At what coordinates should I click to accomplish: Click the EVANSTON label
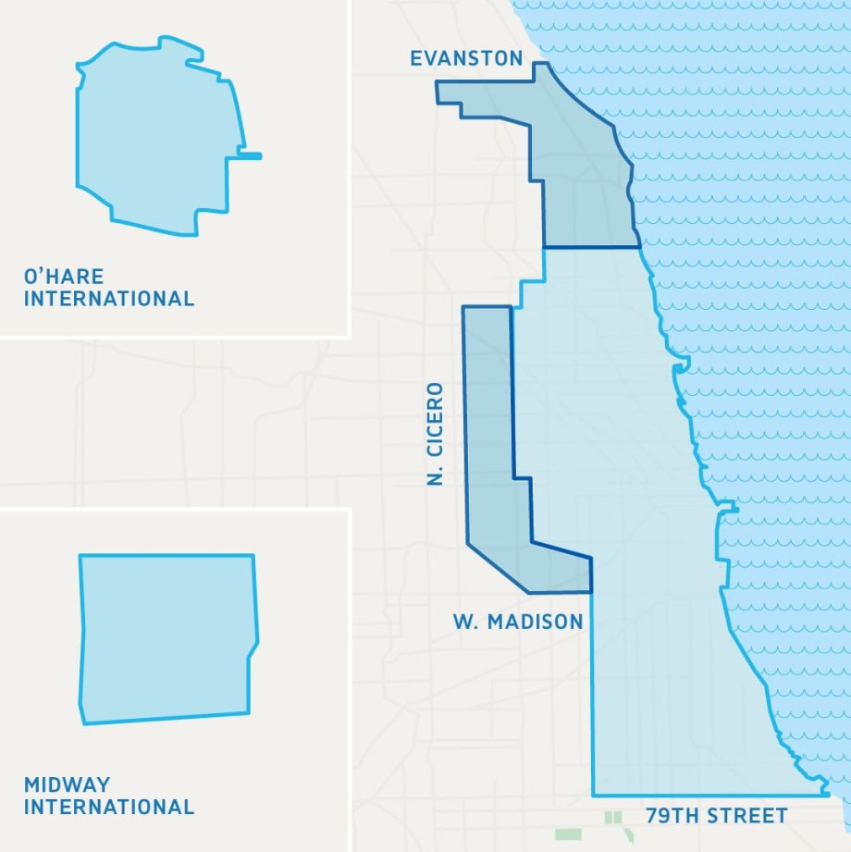click(x=466, y=59)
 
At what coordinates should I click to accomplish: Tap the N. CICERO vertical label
click(x=437, y=434)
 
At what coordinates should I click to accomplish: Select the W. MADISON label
click(x=518, y=622)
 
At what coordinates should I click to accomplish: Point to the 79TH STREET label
click(x=717, y=816)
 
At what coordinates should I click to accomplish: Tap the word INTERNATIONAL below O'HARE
click(x=109, y=299)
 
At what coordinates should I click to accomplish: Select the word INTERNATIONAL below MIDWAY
click(x=109, y=807)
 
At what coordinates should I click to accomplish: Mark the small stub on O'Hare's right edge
click(x=251, y=155)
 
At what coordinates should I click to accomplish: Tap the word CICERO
click(x=437, y=421)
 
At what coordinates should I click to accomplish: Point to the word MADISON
click(x=536, y=622)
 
